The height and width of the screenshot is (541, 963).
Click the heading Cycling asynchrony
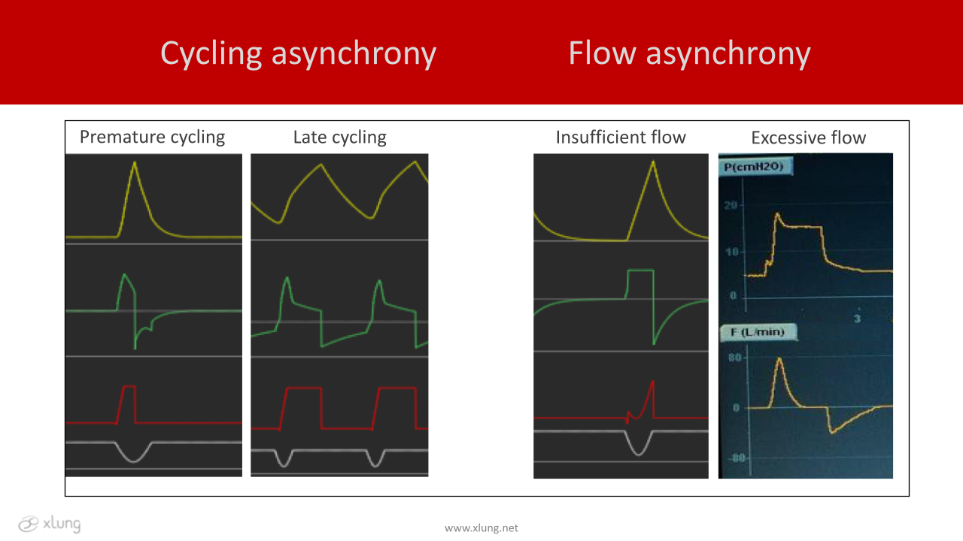tap(299, 54)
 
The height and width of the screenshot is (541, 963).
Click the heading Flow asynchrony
tap(690, 54)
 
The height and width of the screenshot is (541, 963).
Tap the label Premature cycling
tap(152, 138)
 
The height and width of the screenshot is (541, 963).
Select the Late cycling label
tap(339, 138)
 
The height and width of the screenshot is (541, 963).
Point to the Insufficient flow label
tap(621, 138)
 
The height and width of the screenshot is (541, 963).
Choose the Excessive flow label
tap(808, 138)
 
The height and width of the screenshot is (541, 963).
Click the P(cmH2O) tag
tap(755, 167)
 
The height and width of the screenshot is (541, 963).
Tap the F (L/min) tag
tap(758, 332)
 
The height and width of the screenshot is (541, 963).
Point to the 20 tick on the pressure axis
tap(731, 206)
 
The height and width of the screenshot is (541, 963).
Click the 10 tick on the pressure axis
tap(732, 252)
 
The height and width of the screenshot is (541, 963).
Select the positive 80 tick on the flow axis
tap(735, 358)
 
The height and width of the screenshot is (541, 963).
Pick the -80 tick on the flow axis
tap(737, 458)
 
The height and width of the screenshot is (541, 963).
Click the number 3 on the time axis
tap(857, 319)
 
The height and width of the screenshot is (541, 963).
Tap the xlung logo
tap(50, 524)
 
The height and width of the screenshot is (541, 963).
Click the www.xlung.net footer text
tap(481, 528)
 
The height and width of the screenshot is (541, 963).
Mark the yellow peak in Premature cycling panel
tap(135, 162)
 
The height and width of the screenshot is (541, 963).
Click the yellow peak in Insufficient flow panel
tap(653, 162)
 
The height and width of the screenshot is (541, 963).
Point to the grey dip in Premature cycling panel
tap(134, 461)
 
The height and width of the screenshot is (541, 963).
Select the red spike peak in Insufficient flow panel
tap(652, 382)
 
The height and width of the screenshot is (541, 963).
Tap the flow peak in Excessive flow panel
tap(779, 359)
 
